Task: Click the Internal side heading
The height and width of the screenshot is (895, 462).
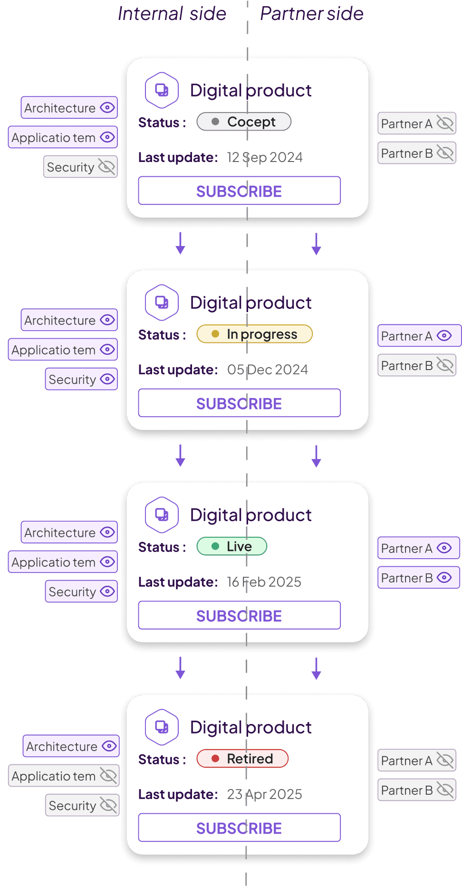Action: coord(172,14)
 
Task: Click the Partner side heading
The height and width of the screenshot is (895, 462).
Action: coord(311,14)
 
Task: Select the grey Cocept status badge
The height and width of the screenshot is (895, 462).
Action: coord(244,122)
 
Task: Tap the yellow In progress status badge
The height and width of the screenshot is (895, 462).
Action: coord(254,334)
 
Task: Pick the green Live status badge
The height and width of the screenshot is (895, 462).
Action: coord(232,546)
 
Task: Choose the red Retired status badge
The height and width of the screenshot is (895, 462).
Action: coord(242,759)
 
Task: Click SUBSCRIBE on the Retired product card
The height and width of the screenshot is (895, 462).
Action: coord(239,828)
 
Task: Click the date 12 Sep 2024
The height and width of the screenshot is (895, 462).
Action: coord(265,157)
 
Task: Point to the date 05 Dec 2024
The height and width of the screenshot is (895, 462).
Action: coord(268,370)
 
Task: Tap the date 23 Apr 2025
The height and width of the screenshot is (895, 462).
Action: coord(265,794)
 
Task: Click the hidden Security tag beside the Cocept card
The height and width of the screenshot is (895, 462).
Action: coord(80,167)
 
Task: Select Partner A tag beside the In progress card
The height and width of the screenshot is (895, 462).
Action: coord(418,336)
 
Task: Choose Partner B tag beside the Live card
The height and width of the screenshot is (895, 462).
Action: coord(418,578)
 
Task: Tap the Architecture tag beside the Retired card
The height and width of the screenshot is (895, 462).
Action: coord(71,746)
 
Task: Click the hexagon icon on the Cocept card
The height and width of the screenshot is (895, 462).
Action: coord(162,90)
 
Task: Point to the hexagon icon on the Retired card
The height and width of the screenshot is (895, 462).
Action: coord(162,727)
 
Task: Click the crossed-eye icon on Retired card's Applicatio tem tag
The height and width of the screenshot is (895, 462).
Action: coord(108,776)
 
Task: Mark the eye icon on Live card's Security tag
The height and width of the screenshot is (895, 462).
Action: coord(108,591)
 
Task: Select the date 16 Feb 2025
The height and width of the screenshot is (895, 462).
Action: coord(264,582)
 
